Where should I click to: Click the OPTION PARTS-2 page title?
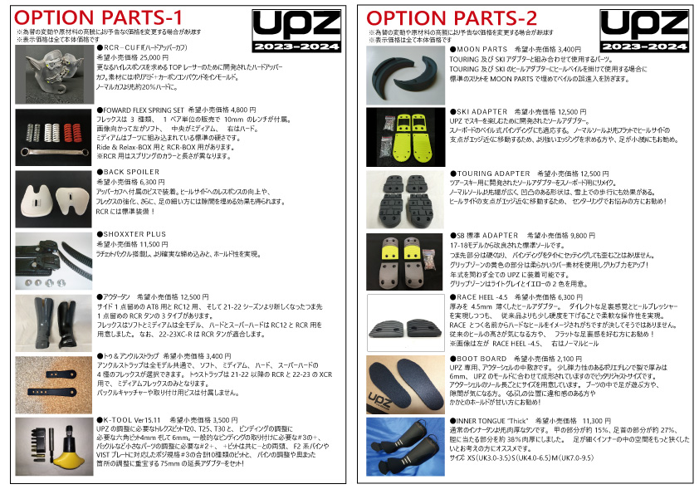click(x=452, y=17)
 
